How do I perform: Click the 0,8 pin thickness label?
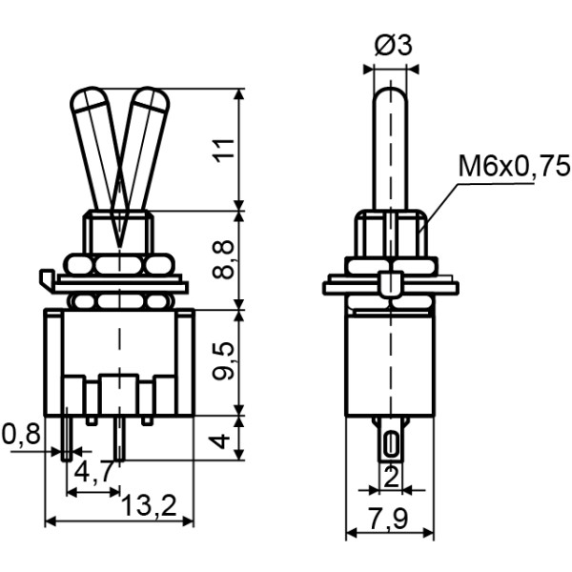click(x=21, y=435)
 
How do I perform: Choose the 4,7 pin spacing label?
click(x=94, y=470)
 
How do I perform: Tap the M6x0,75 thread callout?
click(x=513, y=169)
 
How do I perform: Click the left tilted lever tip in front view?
click(x=87, y=99)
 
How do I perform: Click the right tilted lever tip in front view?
click(x=150, y=99)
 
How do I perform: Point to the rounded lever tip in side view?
click(x=391, y=93)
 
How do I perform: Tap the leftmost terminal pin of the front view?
click(x=67, y=439)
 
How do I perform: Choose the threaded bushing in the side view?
click(x=391, y=233)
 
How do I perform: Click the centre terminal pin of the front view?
click(x=120, y=439)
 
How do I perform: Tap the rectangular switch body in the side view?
click(x=391, y=362)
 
